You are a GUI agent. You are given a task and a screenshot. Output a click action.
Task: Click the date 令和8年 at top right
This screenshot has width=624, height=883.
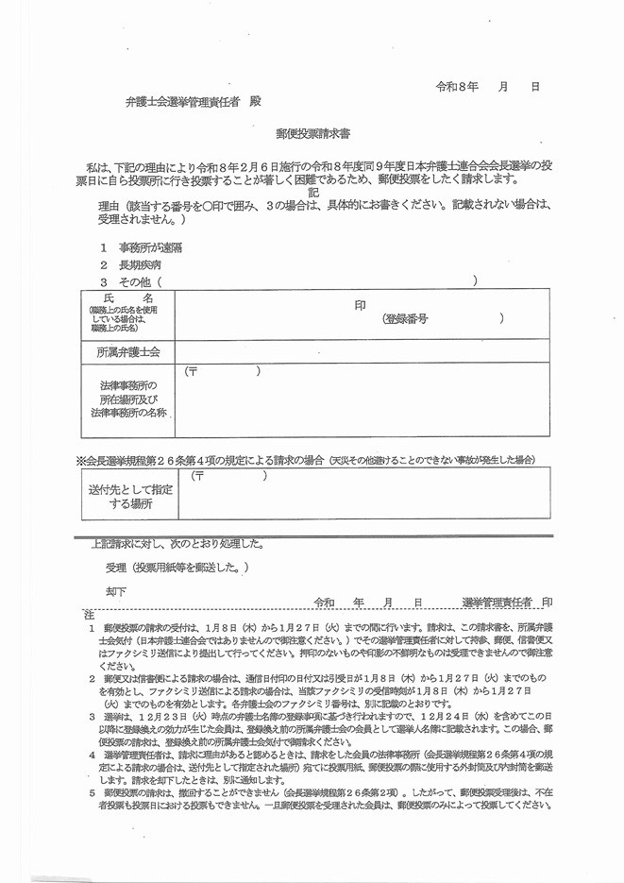click(456, 86)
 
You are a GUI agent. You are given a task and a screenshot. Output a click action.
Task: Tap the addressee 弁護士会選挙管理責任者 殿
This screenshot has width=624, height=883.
click(194, 100)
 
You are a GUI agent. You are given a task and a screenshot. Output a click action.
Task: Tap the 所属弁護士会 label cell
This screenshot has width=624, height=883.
click(127, 352)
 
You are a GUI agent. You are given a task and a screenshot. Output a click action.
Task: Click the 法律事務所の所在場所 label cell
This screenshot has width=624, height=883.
click(127, 399)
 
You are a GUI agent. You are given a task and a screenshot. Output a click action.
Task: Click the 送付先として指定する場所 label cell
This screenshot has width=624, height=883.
click(129, 497)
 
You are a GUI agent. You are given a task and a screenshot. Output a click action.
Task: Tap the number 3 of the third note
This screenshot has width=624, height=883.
click(92, 716)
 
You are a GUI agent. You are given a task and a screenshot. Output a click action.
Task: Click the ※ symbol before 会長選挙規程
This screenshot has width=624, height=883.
click(81, 460)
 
